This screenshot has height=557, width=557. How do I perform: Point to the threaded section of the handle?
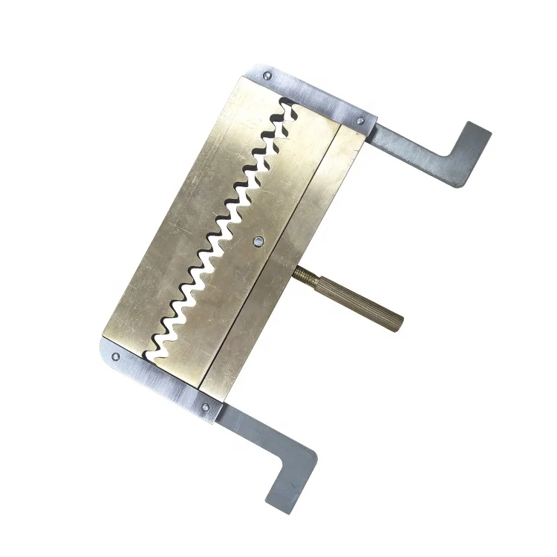click(305, 276)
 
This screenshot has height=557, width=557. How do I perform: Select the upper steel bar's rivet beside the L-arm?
click(360, 120)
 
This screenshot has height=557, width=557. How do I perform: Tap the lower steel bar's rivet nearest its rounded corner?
click(115, 357)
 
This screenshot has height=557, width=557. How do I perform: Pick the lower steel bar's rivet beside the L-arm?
click(204, 406)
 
